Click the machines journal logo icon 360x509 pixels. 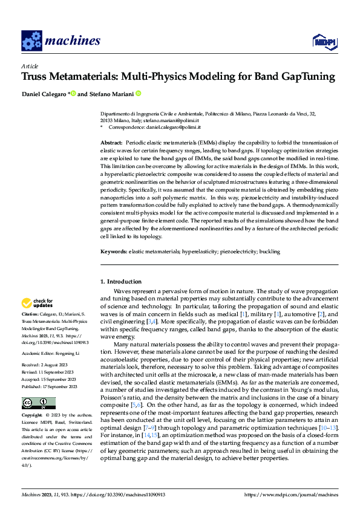click(31, 41)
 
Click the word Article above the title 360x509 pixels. click(30, 66)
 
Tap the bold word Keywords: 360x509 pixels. click(113, 250)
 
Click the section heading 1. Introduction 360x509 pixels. click(120, 281)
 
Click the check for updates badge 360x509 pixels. click(38, 302)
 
